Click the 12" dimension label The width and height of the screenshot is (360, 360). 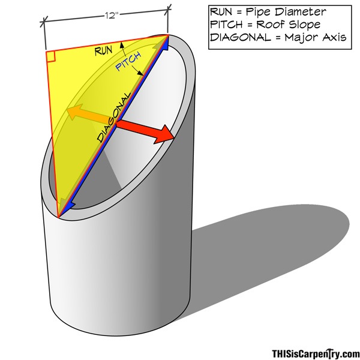pos(112,16)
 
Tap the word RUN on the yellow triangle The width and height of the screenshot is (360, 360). pos(104,51)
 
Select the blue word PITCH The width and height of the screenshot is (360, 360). pos(128,62)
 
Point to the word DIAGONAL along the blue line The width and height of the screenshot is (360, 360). pos(114,118)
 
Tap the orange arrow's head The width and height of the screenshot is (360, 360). pos(74,111)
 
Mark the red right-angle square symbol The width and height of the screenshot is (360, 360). pos(51,57)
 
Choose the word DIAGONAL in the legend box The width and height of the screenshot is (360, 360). pos(241,37)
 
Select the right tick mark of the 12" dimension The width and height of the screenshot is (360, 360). pos(168,10)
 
